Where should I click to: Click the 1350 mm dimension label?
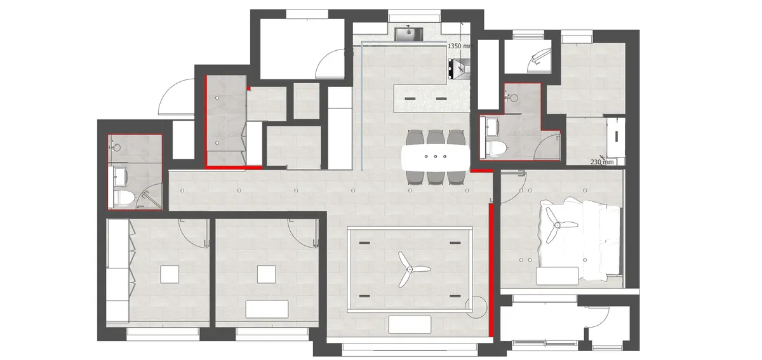(x=460, y=46)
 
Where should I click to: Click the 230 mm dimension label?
(x=602, y=162)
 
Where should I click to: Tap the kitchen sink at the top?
(x=408, y=34)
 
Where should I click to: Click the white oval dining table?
(x=436, y=158)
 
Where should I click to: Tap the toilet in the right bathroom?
(x=497, y=149)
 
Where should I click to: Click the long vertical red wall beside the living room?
(x=491, y=270)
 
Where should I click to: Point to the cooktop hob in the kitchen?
(x=459, y=69)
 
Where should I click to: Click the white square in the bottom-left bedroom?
(x=170, y=274)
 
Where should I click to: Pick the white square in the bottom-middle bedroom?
(x=266, y=274)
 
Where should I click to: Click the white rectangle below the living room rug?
(x=410, y=324)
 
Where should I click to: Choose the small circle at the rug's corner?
(x=475, y=307)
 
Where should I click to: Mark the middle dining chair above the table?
(x=436, y=137)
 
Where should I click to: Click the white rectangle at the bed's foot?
(x=558, y=276)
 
